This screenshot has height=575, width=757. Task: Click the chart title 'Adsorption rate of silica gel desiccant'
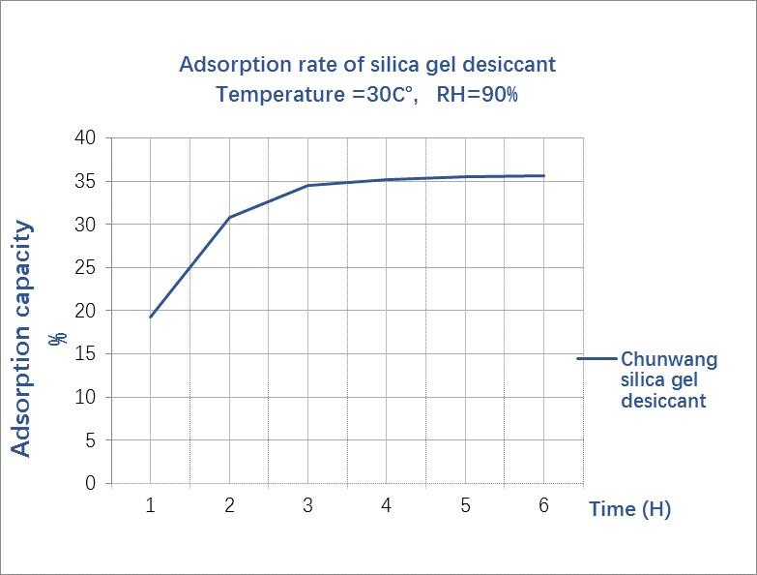tap(367, 65)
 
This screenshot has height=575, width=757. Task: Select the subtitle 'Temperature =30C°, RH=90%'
tap(367, 95)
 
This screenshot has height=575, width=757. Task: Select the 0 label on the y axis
tap(91, 483)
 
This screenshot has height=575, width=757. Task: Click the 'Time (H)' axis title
tap(629, 509)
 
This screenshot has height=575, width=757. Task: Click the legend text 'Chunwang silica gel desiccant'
tap(669, 379)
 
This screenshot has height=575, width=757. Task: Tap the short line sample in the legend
tap(596, 358)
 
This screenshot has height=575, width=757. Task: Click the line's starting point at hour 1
tap(151, 317)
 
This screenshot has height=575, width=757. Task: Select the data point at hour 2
tap(229, 217)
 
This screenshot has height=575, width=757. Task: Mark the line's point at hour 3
tap(307, 185)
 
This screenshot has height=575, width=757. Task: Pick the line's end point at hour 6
tap(543, 175)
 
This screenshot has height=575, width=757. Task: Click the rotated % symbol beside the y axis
tap(59, 338)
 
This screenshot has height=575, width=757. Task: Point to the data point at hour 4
tap(387, 179)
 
